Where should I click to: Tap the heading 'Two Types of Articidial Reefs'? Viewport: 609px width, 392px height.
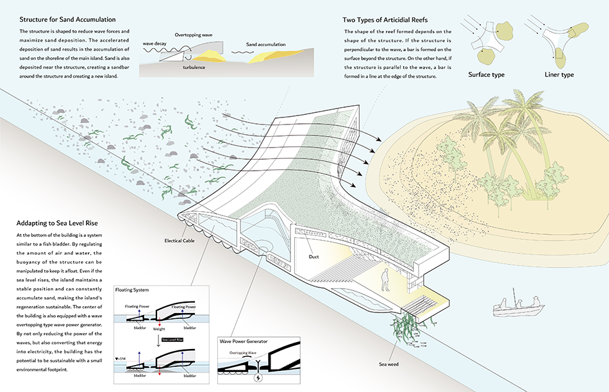click(x=385, y=20)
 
